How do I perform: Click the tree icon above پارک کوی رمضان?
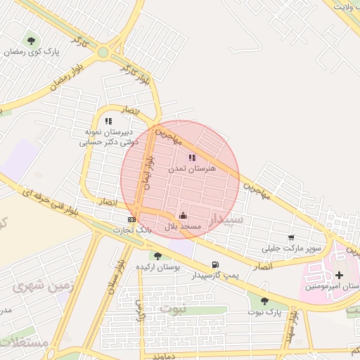tap(30, 40)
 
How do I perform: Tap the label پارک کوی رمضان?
tap(34, 52)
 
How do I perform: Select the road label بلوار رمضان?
tap(67, 82)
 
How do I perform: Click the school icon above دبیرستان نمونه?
tap(108, 122)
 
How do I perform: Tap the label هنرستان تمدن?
tap(193, 169)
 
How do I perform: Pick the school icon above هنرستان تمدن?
tap(192, 158)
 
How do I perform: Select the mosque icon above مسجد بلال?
tap(183, 215)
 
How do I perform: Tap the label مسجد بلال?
tap(183, 226)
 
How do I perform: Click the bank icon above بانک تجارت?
tap(132, 219)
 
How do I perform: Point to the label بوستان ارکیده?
tap(157, 268)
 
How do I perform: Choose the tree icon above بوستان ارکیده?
tap(157, 256)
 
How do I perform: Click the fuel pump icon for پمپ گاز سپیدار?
tap(214, 264)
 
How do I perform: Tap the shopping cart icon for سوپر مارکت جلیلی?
tap(291, 238)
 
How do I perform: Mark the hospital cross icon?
tap(340, 274)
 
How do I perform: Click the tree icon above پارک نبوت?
tap(264, 301)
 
